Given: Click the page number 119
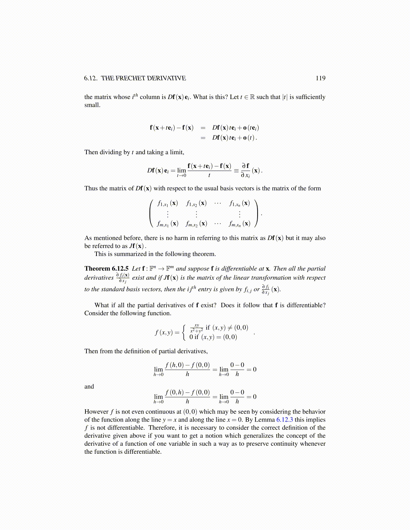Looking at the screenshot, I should (320, 78).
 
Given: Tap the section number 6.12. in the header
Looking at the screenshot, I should (91, 78).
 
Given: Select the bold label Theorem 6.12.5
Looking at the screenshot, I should (107, 268).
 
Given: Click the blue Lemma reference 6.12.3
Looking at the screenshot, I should (284, 420).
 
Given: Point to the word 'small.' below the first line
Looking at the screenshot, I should (92, 105).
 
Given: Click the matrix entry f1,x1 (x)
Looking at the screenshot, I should (167, 203).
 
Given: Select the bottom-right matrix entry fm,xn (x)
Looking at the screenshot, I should (240, 224).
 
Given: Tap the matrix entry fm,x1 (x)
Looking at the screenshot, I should (167, 224).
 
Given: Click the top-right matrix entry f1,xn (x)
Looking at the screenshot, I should (240, 203).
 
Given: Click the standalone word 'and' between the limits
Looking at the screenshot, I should (89, 386).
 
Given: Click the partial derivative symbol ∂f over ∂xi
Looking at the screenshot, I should (246, 170).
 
